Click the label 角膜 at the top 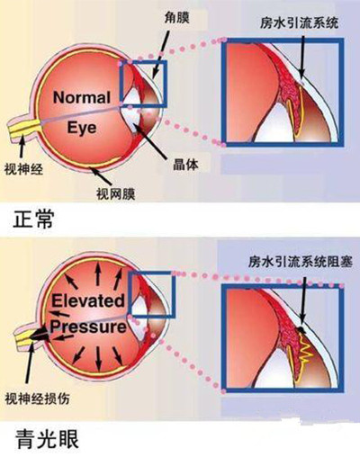tap(176, 18)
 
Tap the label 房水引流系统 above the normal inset tap(299, 23)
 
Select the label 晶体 tap(185, 164)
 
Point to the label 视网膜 tap(115, 193)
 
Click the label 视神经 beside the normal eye tap(23, 169)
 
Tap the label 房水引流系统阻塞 tap(301, 261)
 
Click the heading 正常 tap(33, 220)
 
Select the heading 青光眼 tap(47, 439)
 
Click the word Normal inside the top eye tap(82, 97)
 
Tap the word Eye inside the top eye tap(82, 128)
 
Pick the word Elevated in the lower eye tap(88, 300)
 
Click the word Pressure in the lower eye tap(88, 326)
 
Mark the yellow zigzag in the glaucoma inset tap(306, 349)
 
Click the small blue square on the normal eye tap(143, 62)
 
